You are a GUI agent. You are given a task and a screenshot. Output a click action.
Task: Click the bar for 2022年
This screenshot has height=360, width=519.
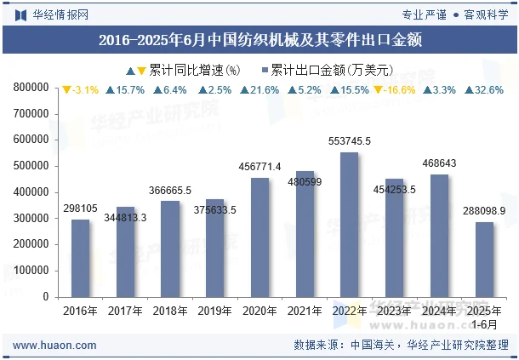pos(350,225)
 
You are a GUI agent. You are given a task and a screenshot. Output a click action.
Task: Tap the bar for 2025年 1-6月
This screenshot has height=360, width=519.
pos(484,260)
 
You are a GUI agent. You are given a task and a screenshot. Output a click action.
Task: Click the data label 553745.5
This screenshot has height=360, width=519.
pos(350,141)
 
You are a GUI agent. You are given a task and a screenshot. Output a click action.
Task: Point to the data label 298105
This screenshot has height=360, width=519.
pos(80,209)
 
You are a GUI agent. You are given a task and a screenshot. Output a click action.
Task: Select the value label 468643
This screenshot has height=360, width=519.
pos(439,163)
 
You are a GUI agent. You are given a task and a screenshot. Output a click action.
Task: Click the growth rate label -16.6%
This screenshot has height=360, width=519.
pos(400,89)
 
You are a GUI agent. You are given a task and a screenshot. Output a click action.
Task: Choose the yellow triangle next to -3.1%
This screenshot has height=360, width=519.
pos(66,89)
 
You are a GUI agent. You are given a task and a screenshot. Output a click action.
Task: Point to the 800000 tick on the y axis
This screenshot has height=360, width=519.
pos(31,87)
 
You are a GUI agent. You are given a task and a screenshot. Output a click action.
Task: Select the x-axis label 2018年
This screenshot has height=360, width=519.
pos(169,311)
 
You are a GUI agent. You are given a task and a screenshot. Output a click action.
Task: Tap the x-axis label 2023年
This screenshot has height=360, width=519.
pos(394,311)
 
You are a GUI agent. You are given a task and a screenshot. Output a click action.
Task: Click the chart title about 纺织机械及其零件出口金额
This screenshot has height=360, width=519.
pos(259,39)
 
